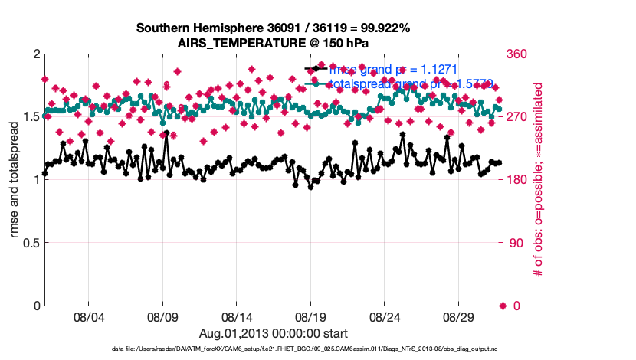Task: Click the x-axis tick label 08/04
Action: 87,317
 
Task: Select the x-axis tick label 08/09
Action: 162,317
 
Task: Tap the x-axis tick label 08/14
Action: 236,317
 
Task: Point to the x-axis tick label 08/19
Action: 310,317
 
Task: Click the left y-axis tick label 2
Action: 36,54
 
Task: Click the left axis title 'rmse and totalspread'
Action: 15,180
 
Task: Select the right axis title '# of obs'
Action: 538,180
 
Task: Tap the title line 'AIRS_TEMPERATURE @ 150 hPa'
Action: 274,42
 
